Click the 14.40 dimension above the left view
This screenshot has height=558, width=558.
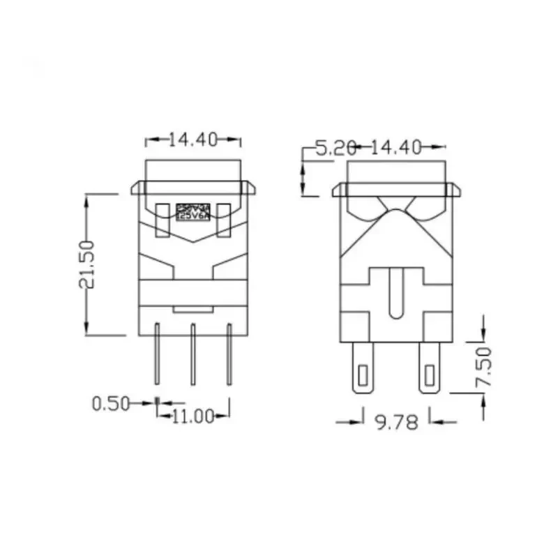[x=193, y=139]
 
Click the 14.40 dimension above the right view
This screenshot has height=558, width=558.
[x=395, y=147]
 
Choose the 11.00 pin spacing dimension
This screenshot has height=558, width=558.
[x=193, y=416]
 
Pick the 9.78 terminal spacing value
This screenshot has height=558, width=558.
[x=397, y=423]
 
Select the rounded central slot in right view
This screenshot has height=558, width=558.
[x=395, y=293]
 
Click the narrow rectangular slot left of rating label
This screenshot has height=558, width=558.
[x=164, y=219]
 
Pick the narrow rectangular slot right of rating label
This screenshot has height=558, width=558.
[x=224, y=219]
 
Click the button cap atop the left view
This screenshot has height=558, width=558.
[x=193, y=171]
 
